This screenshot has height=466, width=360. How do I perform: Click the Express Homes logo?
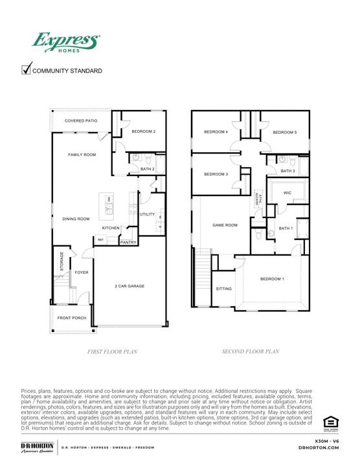(x=67, y=43)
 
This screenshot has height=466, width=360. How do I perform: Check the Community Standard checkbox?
(x=27, y=69)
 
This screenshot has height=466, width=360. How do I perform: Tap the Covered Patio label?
(x=82, y=121)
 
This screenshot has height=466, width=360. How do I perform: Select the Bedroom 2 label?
(x=144, y=131)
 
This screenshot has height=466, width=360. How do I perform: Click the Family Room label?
(x=82, y=155)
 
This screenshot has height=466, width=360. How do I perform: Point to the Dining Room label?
(x=76, y=219)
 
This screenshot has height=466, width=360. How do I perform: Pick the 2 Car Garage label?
(x=129, y=285)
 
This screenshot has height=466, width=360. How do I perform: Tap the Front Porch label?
(x=72, y=318)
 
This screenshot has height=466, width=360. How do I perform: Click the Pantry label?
(x=128, y=242)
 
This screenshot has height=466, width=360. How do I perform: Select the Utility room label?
(x=147, y=214)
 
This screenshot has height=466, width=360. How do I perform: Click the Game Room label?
(x=225, y=225)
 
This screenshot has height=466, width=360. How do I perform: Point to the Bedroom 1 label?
(x=272, y=279)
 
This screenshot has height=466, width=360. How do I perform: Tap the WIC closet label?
(x=287, y=192)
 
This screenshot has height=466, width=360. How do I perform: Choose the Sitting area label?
(x=223, y=289)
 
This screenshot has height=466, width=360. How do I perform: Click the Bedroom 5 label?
(x=284, y=133)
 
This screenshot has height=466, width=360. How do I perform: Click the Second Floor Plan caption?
(x=250, y=351)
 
